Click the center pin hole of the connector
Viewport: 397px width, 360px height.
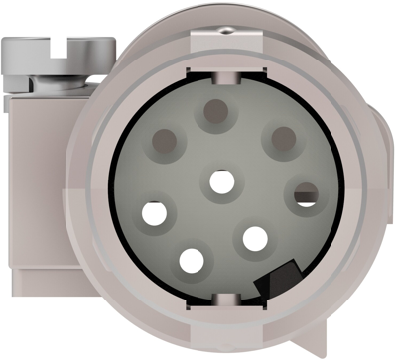pos(222,182)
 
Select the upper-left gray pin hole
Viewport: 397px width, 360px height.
pos(165,141)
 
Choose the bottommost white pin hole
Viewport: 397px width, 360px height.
pos(191,261)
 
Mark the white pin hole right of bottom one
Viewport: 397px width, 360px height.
pos(255,238)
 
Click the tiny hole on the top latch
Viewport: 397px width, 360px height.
pos(226,30)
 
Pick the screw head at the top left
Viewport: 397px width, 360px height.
pos(60,48)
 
